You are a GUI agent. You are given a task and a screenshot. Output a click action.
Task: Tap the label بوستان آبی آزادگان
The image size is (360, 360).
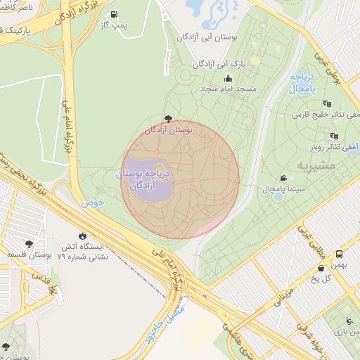209,37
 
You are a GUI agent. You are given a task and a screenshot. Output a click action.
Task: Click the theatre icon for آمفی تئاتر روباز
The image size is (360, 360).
334,136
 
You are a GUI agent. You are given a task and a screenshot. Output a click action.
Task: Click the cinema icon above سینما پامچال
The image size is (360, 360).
283,178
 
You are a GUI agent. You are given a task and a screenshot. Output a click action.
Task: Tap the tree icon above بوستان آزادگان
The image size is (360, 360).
167,119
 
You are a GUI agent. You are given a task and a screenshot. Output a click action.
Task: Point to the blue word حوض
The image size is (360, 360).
92,202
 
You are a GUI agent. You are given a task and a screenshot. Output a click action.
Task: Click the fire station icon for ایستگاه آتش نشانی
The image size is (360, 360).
83,236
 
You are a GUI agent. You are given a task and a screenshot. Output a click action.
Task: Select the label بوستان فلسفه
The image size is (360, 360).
29,255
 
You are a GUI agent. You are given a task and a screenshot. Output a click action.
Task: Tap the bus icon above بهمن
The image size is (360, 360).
340,254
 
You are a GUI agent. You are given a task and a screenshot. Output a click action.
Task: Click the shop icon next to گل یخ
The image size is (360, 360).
321,268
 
